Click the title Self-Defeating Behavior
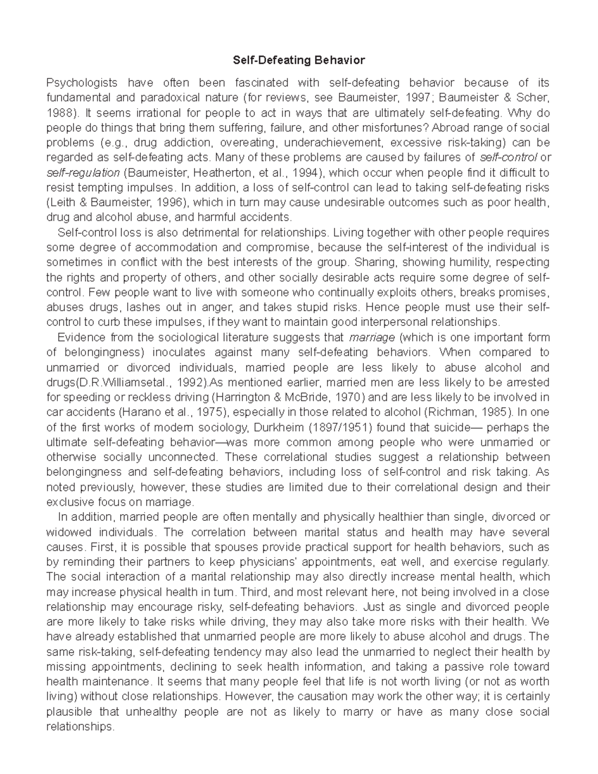(299, 61)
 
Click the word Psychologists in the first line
(82, 82)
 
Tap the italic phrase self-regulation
(83, 172)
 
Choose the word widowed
(69, 532)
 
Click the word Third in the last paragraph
(256, 592)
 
